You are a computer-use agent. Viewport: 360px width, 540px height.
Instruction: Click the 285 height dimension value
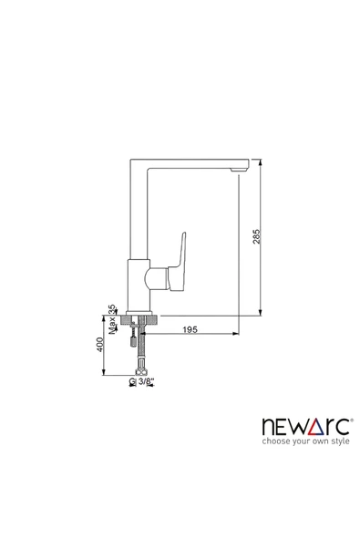[x=257, y=236]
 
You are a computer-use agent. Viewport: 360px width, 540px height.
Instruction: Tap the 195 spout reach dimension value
[x=190, y=329]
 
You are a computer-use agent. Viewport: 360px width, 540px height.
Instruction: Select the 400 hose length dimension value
[x=100, y=345]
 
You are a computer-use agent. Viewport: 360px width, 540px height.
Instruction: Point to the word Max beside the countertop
[x=112, y=326]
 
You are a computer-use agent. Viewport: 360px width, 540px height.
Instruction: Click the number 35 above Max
[x=112, y=309]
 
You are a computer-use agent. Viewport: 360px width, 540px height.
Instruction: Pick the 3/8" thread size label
[x=146, y=381]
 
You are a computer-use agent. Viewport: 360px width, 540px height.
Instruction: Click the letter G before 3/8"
[x=132, y=381]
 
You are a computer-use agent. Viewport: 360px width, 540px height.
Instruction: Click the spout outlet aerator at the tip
[x=239, y=171]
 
